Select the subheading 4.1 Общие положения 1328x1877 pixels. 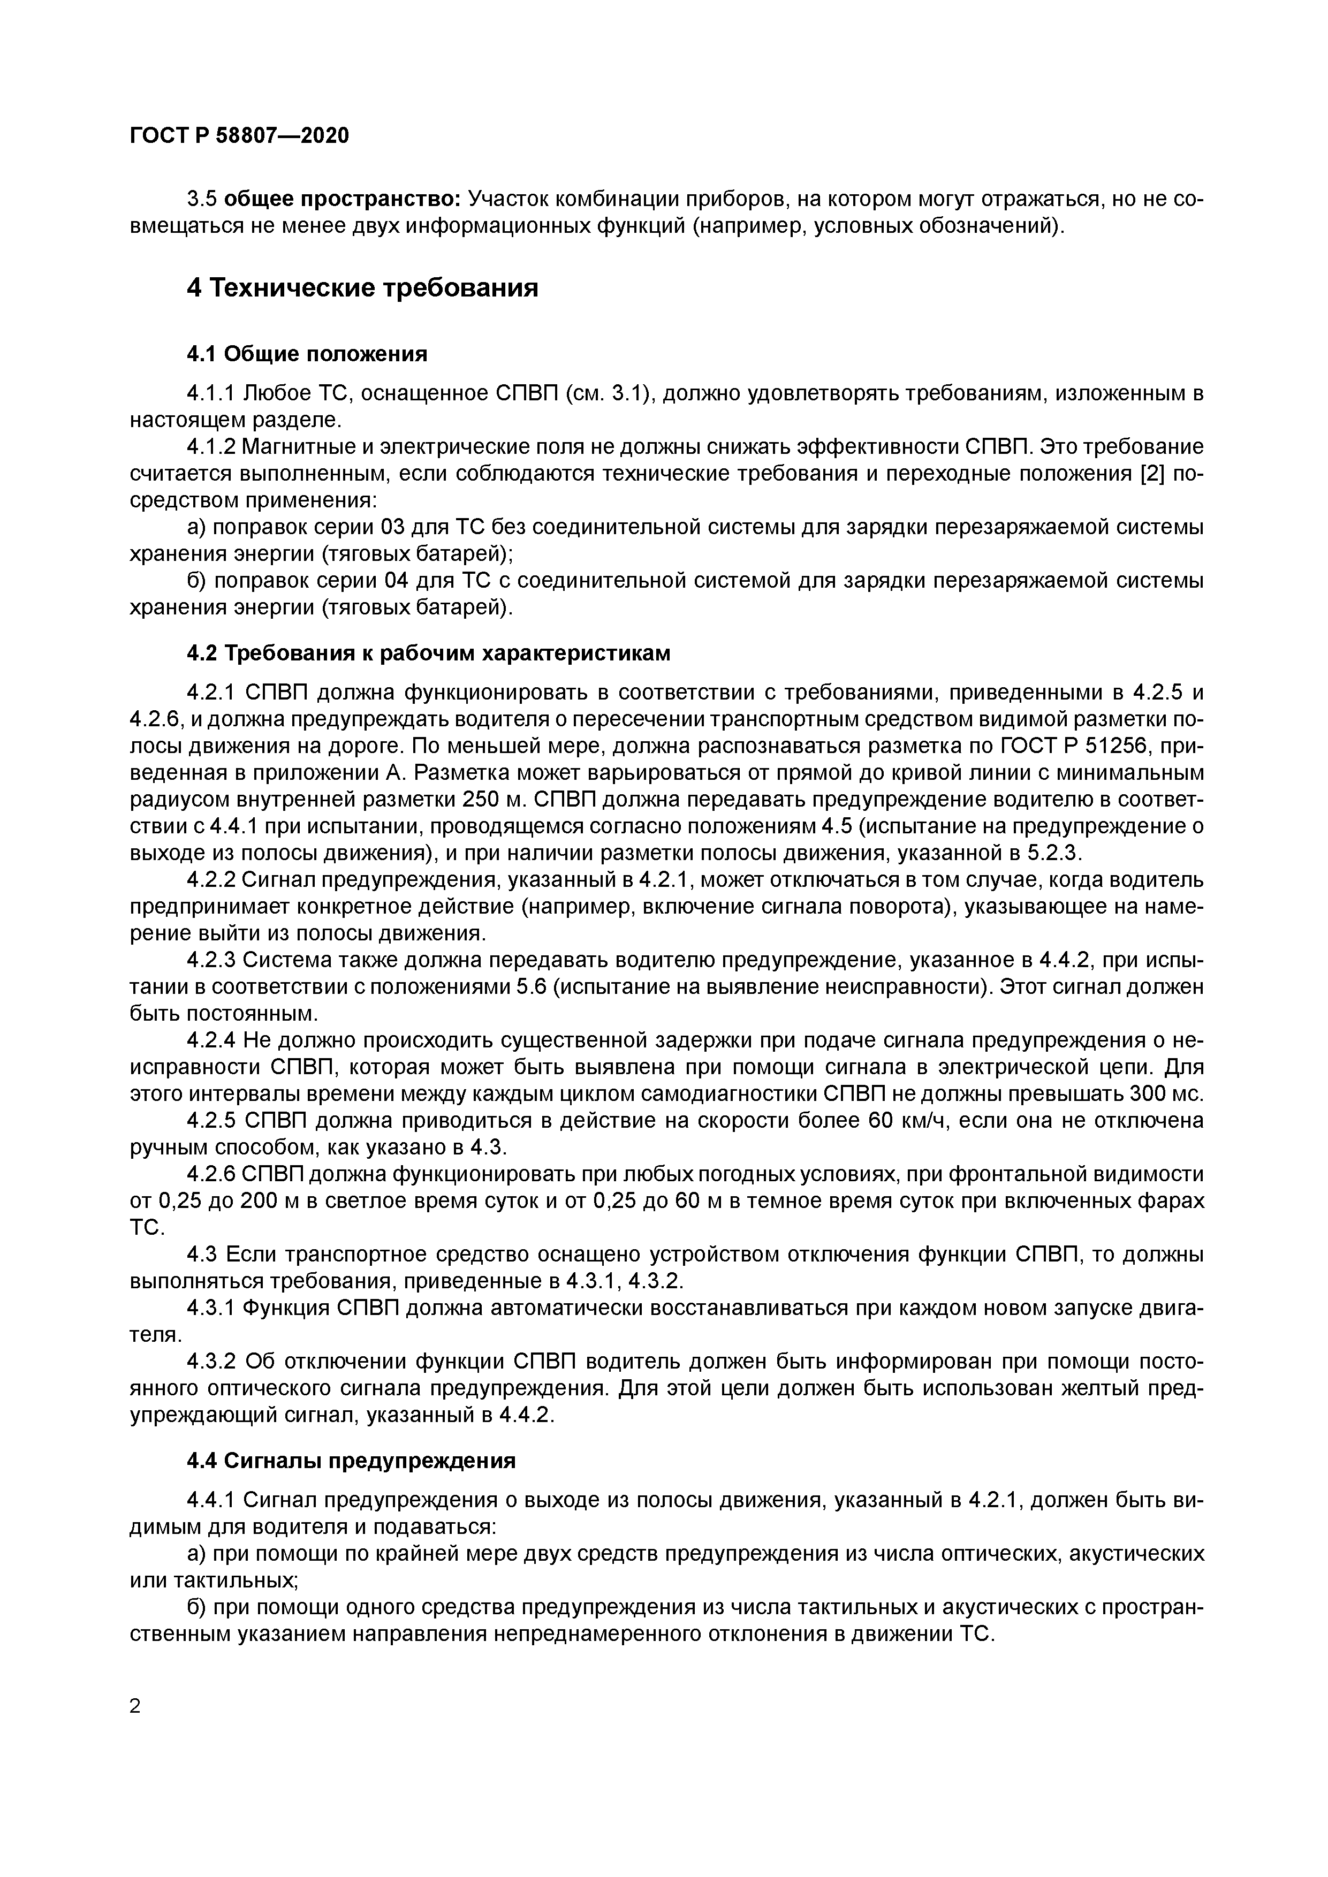pos(307,354)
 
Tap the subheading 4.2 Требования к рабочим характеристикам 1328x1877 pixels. pos(429,653)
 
